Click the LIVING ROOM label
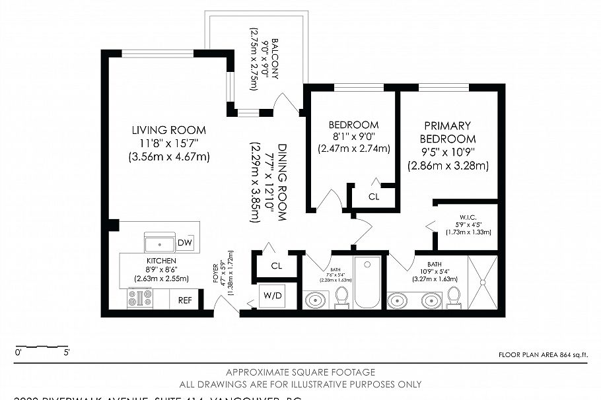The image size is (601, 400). click(x=168, y=130)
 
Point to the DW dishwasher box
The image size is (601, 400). click(x=185, y=244)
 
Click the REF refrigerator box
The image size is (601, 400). click(x=185, y=300)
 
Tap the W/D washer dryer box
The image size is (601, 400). click(x=271, y=295)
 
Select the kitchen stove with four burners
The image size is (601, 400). click(x=139, y=299)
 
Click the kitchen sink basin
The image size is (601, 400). click(x=160, y=244)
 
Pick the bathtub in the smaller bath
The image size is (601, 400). click(x=367, y=282)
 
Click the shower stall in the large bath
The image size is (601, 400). click(x=482, y=282)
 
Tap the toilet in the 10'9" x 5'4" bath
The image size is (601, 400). click(x=454, y=298)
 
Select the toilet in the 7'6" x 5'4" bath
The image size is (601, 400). click(x=341, y=298)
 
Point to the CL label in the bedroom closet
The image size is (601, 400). click(x=374, y=196)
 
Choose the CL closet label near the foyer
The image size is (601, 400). click(x=276, y=266)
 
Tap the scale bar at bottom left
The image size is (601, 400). click(x=41, y=347)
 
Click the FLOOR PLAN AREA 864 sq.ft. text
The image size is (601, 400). click(x=542, y=355)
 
